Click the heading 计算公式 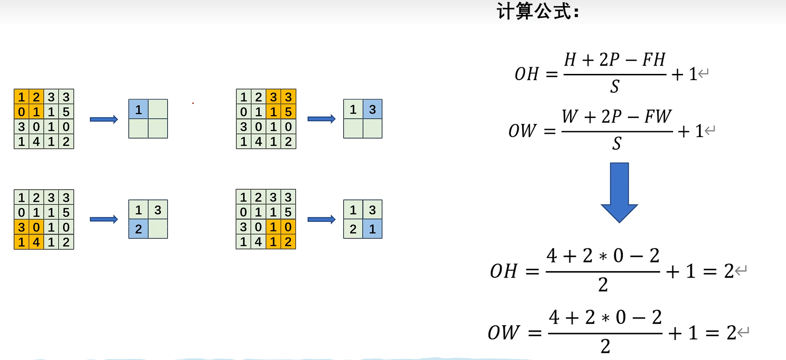click(538, 11)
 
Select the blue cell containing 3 click(373, 110)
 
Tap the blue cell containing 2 click(138, 229)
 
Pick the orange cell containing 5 click(288, 112)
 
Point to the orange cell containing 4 click(36, 242)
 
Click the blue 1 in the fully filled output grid click(373, 229)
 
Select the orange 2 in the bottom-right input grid click(288, 242)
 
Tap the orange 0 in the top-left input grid click(21, 112)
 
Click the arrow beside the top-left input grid click(103, 119)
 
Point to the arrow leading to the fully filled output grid click(321, 219)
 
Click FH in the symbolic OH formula click(654, 60)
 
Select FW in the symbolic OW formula click(658, 116)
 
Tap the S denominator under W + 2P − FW click(617, 143)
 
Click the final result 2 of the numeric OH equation click(729, 271)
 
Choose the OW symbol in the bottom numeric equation click(504, 333)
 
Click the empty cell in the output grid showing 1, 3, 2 click(158, 229)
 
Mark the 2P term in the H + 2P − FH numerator click(609, 60)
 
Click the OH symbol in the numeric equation click(504, 271)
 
